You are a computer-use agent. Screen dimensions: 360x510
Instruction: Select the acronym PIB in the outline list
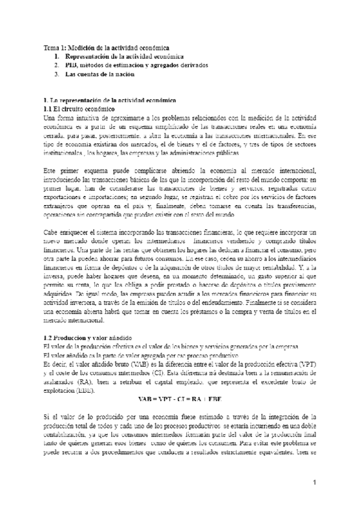[72, 64]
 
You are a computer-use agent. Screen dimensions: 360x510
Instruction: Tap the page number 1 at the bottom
[314, 484]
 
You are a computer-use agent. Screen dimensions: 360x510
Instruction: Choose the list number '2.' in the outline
[55, 64]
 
